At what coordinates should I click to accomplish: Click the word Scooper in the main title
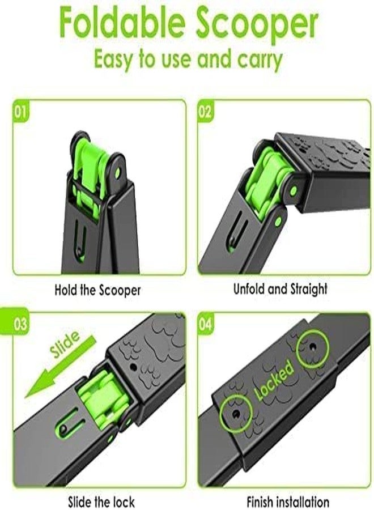pos(257,25)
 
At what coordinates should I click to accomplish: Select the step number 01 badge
pos(20,112)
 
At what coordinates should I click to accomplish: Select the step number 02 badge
pos(205,112)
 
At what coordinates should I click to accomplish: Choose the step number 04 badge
pos(205,324)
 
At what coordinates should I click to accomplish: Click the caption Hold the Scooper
pos(97,290)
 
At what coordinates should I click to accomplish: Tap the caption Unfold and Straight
pos(280,289)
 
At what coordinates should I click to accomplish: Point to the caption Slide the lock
pos(101,501)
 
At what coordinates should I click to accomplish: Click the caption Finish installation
pos(288,501)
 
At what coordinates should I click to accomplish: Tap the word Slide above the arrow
pos(65,344)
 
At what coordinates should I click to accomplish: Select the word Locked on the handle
pos(274,381)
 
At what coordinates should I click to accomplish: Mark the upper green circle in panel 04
pos(313,347)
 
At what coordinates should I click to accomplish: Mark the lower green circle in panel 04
pos(236,414)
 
